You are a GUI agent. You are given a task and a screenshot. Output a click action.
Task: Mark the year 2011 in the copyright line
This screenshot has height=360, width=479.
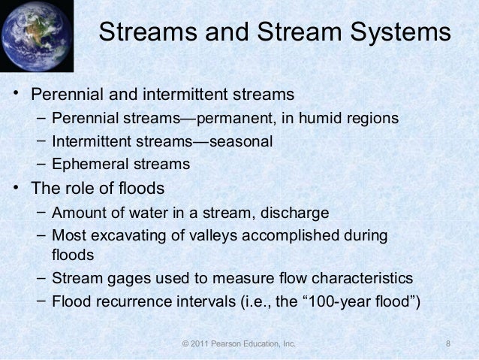tap(200, 344)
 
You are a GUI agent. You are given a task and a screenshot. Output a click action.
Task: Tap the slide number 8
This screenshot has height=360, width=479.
tap(447, 344)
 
